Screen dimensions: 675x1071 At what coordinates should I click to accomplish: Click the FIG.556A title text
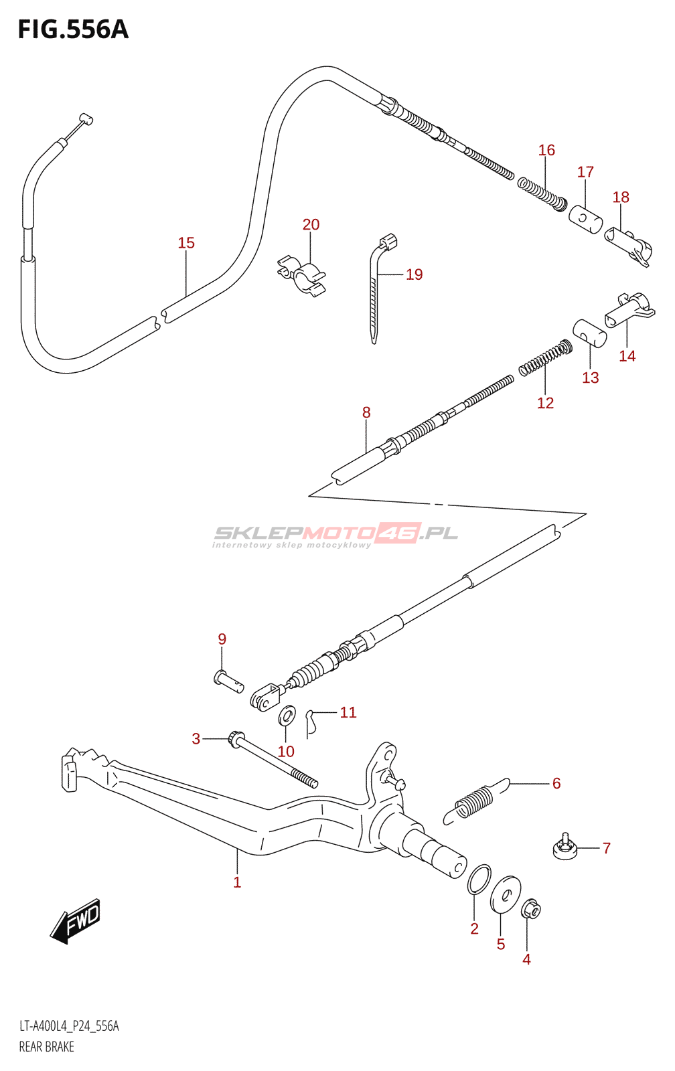(x=73, y=29)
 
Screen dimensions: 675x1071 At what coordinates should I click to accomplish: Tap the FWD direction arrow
(x=75, y=921)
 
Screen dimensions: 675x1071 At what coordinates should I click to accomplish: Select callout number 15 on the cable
(x=187, y=243)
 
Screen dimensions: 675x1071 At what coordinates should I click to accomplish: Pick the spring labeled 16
(x=542, y=195)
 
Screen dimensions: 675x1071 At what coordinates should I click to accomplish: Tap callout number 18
(x=621, y=197)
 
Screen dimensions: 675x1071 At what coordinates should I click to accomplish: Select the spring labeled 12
(x=546, y=357)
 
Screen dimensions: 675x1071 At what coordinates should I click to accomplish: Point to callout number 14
(x=627, y=355)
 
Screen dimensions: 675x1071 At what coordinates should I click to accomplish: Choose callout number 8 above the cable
(x=366, y=412)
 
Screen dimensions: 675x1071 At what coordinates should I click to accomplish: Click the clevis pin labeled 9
(x=228, y=680)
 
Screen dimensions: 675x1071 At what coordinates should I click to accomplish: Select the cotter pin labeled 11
(x=311, y=722)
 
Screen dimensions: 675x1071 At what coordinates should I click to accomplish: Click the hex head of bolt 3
(x=236, y=740)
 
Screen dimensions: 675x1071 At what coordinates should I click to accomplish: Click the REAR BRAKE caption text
(x=46, y=1047)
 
